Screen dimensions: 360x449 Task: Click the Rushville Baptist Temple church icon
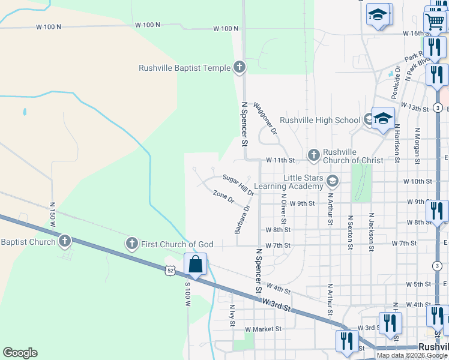(x=240, y=68)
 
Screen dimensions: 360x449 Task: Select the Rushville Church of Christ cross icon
(x=313, y=155)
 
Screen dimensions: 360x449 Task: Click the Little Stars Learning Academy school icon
(x=333, y=180)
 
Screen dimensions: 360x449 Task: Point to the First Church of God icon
(x=132, y=244)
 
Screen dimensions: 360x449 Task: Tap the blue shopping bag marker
(x=196, y=264)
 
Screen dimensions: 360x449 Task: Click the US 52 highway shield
(x=172, y=272)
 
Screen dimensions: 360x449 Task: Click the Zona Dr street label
(x=223, y=196)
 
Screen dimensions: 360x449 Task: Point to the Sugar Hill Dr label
(x=238, y=185)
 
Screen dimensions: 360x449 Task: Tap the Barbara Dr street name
(x=242, y=220)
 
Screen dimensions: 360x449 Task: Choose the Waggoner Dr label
(x=265, y=118)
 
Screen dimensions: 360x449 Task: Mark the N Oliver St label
(x=283, y=211)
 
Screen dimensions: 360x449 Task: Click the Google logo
(x=20, y=353)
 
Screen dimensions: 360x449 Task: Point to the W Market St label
(x=263, y=329)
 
